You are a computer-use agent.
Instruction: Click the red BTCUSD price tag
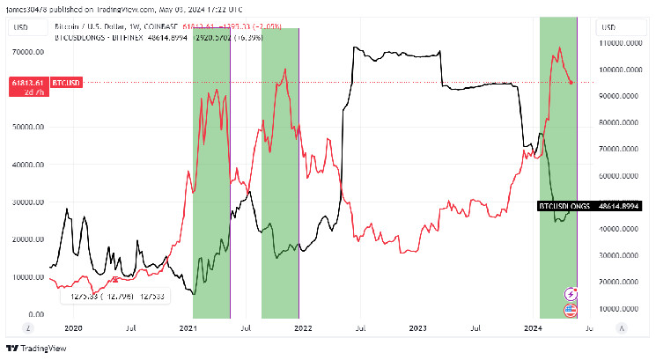(66, 82)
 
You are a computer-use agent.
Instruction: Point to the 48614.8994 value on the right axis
(619, 205)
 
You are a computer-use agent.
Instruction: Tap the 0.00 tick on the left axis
(36, 314)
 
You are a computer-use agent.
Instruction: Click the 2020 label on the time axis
(74, 328)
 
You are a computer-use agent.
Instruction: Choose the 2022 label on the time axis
(303, 328)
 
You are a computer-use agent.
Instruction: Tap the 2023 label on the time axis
(417, 328)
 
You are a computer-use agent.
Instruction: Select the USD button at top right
(609, 27)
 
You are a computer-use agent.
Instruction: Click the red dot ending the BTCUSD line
(572, 83)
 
